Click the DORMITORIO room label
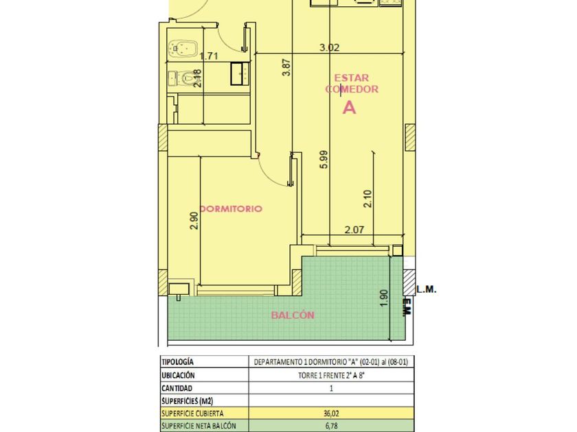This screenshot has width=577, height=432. click(x=231, y=208)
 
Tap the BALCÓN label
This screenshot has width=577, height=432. click(x=293, y=315)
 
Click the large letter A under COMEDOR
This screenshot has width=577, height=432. click(x=349, y=108)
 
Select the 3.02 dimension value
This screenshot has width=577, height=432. click(x=329, y=47)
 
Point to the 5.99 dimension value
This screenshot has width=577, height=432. click(x=324, y=159)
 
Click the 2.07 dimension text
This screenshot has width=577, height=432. click(x=354, y=230)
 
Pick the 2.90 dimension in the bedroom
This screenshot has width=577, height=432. click(x=194, y=220)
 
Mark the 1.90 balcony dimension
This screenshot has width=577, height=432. click(x=384, y=299)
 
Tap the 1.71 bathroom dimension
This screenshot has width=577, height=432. click(x=209, y=56)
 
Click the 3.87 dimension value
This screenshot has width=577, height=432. click(x=286, y=68)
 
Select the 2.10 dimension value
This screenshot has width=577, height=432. click(x=367, y=199)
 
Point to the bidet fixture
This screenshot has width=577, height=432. click(x=183, y=49)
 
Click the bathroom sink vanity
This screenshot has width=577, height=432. click(x=240, y=74)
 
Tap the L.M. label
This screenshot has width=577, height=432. click(x=427, y=289)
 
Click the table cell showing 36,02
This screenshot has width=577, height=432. click(x=331, y=413)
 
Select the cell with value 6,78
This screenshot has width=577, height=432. click(x=331, y=426)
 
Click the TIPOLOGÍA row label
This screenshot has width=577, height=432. click(x=177, y=362)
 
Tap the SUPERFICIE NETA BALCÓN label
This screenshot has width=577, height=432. click(x=199, y=426)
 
